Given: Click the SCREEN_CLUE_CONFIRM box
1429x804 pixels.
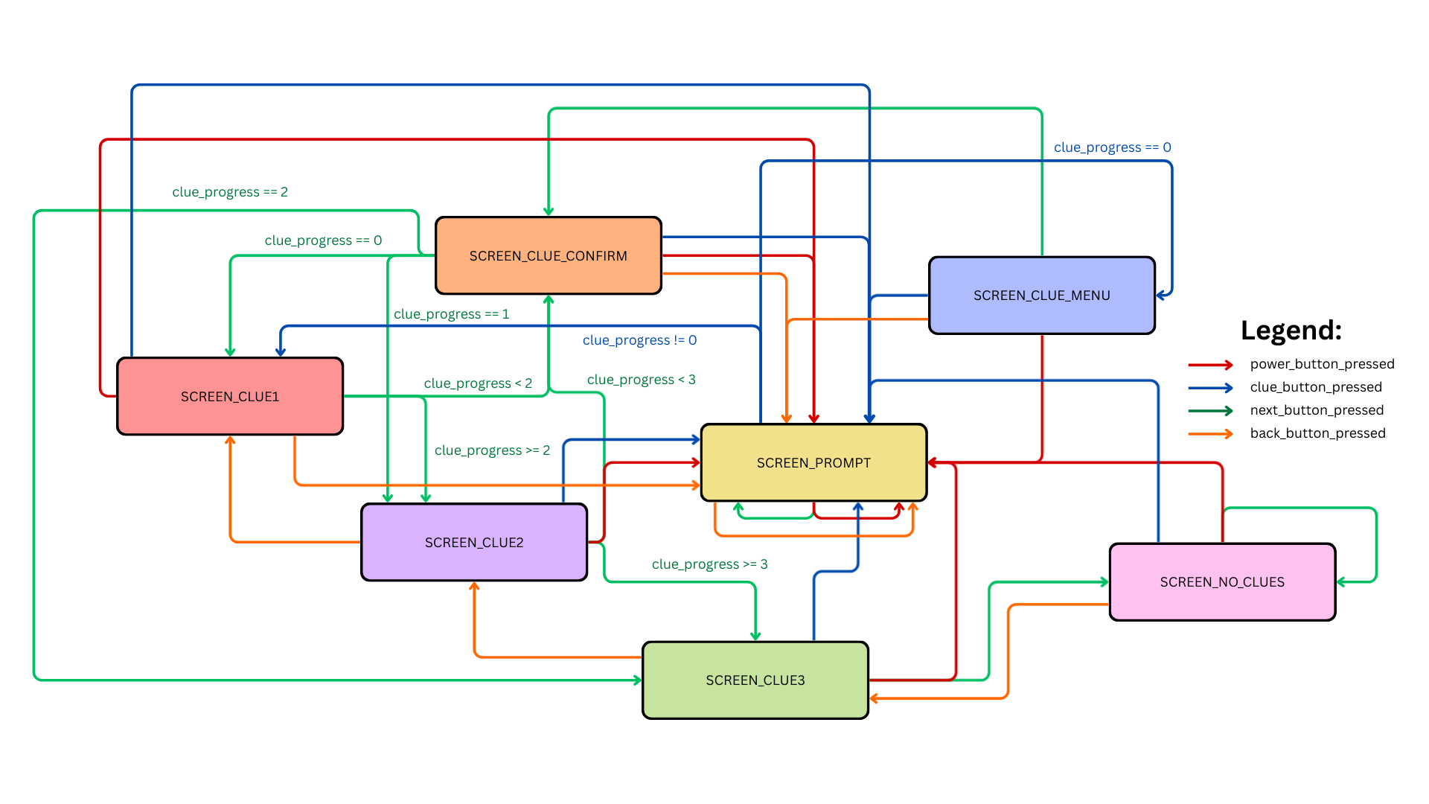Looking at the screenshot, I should coord(548,255).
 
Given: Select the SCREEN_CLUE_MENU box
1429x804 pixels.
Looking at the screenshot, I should coord(1041,296).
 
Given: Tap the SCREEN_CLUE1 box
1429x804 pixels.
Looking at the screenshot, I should coord(230,396).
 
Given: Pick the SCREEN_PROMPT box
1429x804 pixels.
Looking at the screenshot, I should coord(813,462).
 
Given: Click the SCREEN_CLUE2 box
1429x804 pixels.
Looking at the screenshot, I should coord(474,542).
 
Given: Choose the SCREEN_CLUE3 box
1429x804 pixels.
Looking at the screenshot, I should coord(755,680).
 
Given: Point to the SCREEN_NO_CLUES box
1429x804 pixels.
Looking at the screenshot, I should coord(1222,581).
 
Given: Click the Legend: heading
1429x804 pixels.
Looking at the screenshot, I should coord(1291,330).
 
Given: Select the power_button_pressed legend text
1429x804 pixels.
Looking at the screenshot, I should coord(1322,364).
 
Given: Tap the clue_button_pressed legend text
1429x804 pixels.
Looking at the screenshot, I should coord(1315,387).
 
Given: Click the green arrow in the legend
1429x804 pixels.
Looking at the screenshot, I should coord(1210,410).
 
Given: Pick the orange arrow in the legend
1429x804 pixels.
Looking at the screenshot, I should coord(1210,433).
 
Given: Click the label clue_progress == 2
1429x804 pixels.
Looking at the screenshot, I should coord(230,192).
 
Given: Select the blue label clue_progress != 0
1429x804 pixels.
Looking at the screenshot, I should coord(639,340).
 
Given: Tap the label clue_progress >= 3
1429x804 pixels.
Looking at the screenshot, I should coord(709,564).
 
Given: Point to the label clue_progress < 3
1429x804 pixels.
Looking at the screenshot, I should coord(641,380).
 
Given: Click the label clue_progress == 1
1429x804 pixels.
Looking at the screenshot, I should coord(451,314).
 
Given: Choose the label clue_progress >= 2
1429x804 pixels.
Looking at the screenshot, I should coord(492,450).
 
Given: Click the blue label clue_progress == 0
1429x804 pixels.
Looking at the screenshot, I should coord(1112,147).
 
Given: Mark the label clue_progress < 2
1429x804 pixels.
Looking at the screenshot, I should coord(478,383).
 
